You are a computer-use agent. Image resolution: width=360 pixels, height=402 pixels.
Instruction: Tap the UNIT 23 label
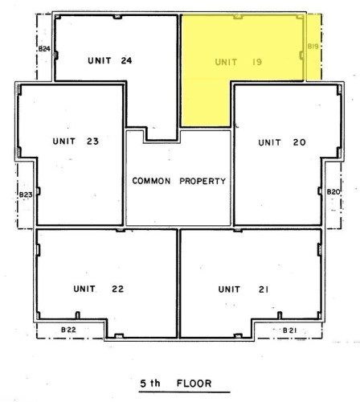pos(76,142)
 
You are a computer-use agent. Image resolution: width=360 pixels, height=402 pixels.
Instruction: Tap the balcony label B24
pos(44,50)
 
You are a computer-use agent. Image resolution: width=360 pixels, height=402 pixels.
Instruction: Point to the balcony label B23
pos(25,194)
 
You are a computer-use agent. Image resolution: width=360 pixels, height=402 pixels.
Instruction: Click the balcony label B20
pos(333,191)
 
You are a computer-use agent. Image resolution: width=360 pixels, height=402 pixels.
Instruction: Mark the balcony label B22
pos(69,330)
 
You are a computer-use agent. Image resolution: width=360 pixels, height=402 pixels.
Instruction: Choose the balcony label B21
pos(291,330)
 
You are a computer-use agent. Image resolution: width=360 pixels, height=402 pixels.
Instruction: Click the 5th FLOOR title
pos(179,384)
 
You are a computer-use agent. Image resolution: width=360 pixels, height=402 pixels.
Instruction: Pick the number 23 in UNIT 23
pos(92,142)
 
